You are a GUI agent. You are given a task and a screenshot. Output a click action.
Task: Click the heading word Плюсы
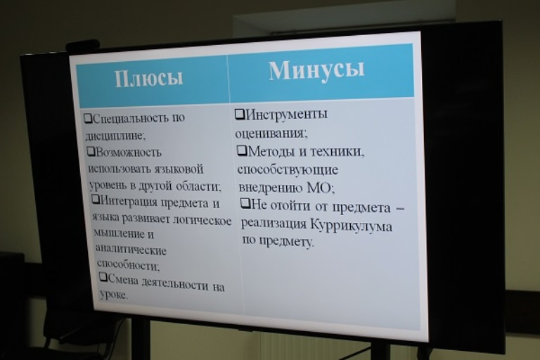click(x=148, y=79)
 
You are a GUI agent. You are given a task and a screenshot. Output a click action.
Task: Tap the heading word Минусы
click(x=316, y=70)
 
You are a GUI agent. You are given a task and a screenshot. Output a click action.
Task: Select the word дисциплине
click(x=115, y=136)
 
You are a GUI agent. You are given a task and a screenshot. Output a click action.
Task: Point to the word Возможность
click(x=128, y=152)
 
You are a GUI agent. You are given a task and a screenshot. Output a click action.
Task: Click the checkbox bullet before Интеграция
click(x=96, y=199)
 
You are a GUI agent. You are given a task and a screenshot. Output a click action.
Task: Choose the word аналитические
click(x=131, y=249)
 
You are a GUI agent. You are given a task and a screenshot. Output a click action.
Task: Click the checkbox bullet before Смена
click(x=103, y=276)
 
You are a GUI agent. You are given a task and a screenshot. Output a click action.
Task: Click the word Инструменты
click(x=287, y=114)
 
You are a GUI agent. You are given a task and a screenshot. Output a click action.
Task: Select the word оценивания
click(x=270, y=133)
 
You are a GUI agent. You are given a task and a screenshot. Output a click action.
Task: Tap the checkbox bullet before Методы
click(x=242, y=150)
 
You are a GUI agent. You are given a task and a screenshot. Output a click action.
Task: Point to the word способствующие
click(x=288, y=170)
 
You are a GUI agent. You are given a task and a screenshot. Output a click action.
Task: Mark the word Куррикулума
click(x=352, y=225)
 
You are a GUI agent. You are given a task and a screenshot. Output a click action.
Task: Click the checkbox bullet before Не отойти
click(x=245, y=203)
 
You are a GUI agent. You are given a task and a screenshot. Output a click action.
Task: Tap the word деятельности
click(x=175, y=285)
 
